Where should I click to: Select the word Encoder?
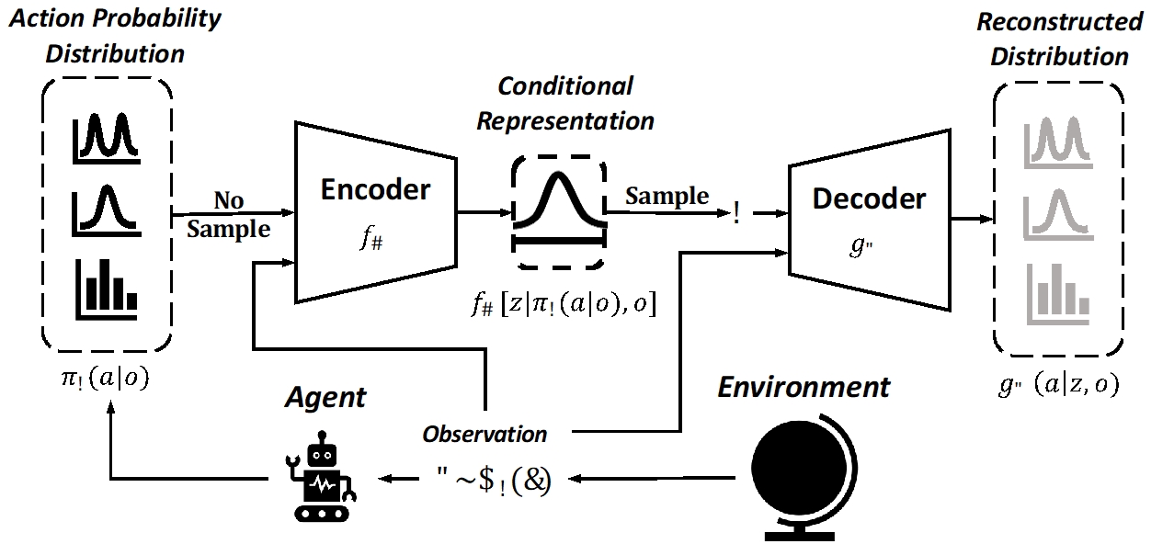click(x=374, y=190)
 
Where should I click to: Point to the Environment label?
click(x=803, y=387)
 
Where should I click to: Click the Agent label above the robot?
click(x=325, y=397)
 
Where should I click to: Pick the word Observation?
click(x=484, y=433)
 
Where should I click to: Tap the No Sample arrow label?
click(x=229, y=215)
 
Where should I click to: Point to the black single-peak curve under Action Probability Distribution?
click(x=105, y=210)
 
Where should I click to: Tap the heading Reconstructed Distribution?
click(x=1059, y=39)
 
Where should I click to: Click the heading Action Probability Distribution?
click(x=114, y=35)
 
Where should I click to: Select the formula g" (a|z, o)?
click(x=1057, y=386)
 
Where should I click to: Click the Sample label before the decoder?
click(x=667, y=196)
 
